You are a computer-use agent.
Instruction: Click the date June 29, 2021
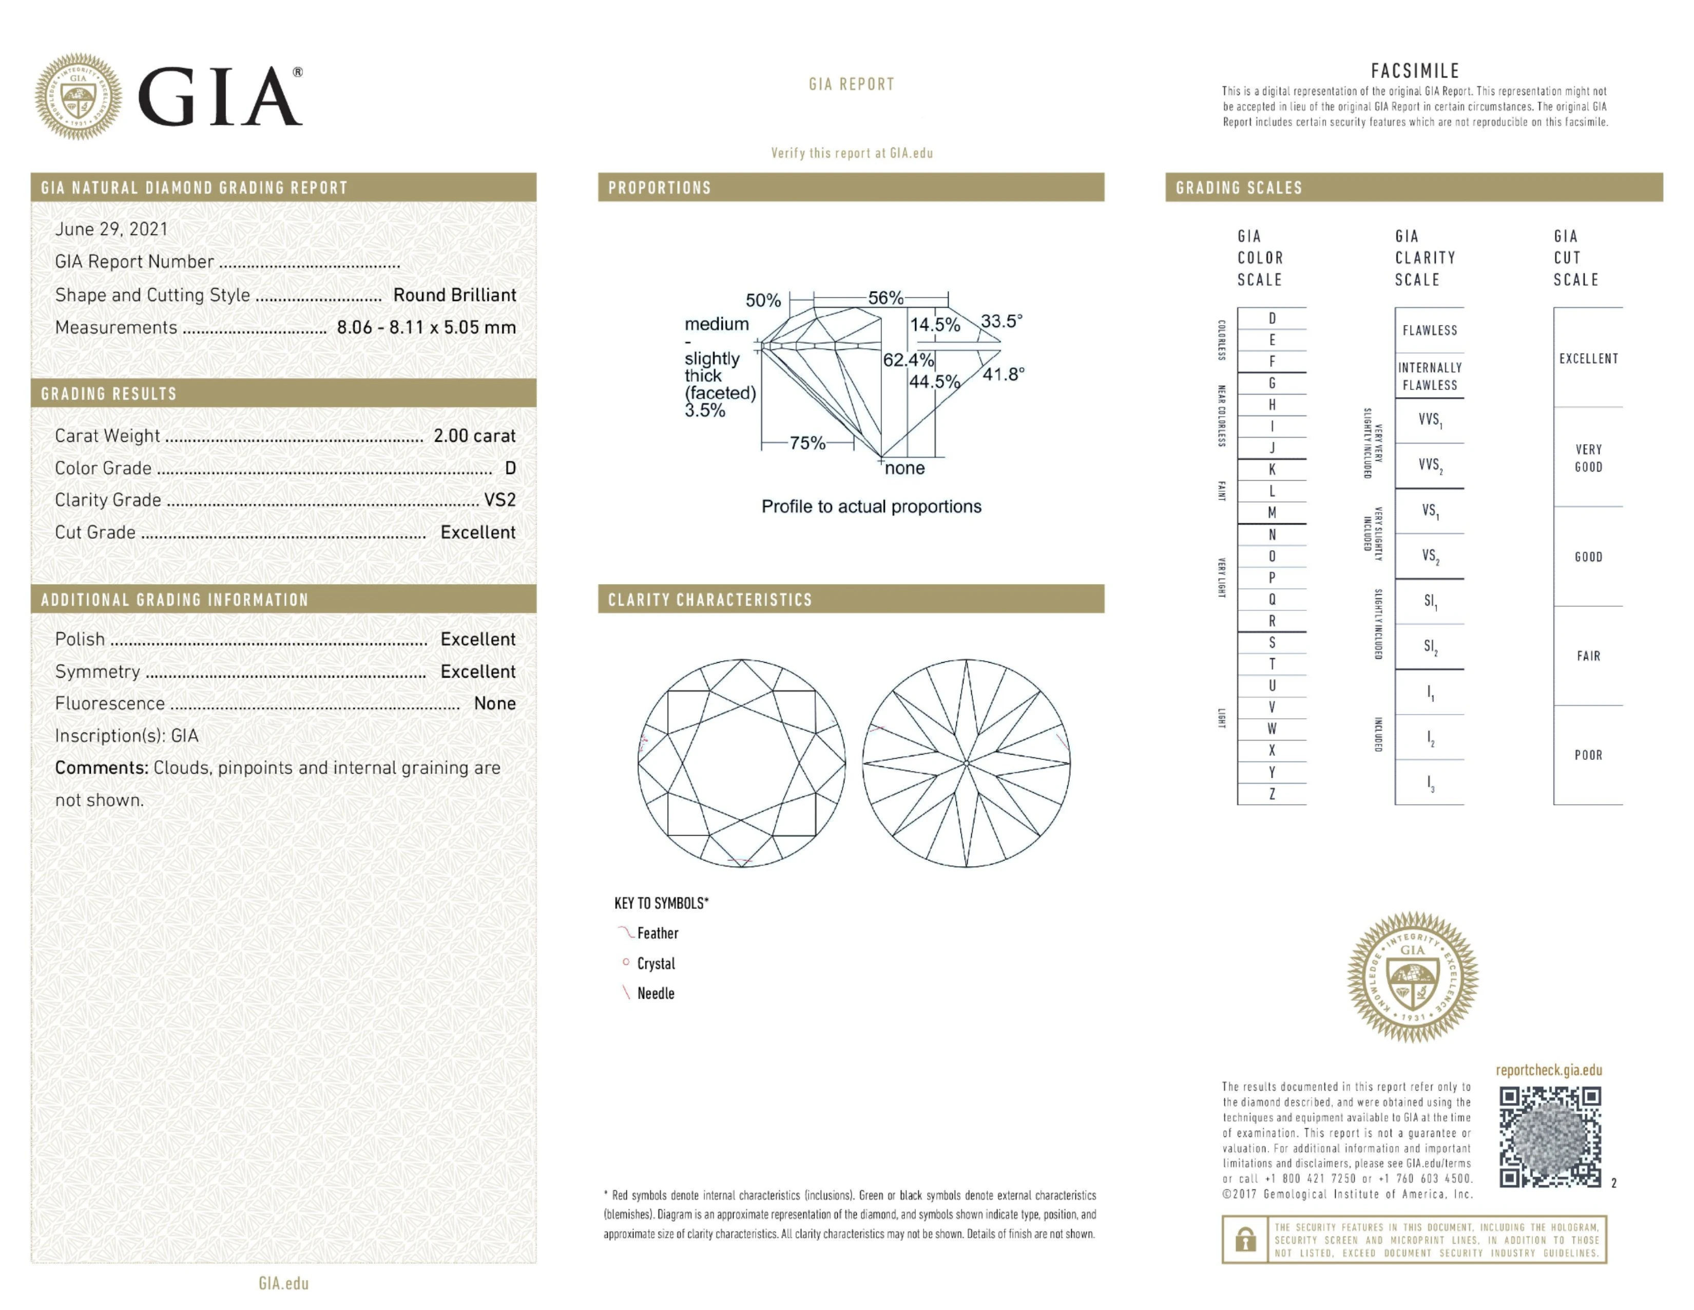111,229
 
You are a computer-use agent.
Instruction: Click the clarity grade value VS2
499,500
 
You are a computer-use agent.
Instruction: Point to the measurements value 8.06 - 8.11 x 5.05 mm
426,328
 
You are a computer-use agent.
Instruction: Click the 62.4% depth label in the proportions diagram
908,360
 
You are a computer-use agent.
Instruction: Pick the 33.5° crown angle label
1002,321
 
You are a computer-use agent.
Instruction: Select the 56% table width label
885,298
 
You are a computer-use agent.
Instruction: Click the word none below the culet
904,468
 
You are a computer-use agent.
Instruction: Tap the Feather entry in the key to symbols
657,933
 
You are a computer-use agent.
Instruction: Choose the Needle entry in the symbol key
656,994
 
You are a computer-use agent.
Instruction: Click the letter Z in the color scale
1272,794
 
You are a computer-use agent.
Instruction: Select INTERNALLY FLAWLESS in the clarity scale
1430,377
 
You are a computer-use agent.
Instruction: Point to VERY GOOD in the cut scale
1588,458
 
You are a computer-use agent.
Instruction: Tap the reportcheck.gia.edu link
1548,1070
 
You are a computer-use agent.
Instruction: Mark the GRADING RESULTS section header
109,394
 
